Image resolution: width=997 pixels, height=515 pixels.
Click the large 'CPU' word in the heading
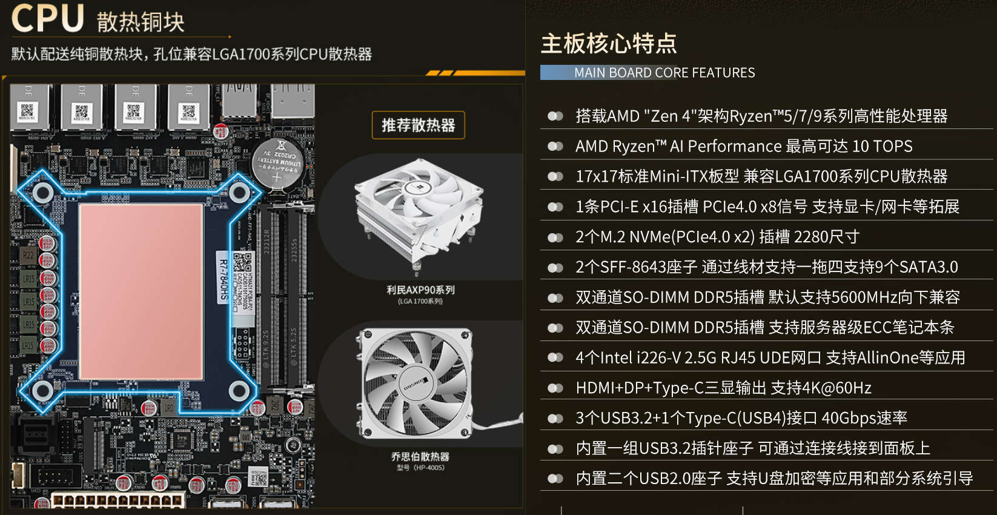point(47,18)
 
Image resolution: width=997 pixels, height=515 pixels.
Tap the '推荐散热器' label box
point(418,125)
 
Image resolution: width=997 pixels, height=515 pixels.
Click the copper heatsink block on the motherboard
point(141,291)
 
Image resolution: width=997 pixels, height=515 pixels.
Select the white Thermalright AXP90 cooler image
point(418,212)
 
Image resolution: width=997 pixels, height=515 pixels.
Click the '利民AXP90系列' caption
point(420,290)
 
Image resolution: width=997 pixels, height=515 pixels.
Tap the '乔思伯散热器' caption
point(420,457)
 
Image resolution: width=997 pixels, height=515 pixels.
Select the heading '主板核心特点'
point(609,44)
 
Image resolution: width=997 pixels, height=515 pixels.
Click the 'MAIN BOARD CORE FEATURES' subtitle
point(664,73)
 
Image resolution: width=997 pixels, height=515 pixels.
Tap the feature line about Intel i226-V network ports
point(770,357)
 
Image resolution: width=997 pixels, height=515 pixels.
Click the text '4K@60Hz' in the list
point(840,388)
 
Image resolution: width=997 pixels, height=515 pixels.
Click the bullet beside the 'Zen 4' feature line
point(555,116)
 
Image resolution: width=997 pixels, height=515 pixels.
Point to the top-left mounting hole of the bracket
point(42,193)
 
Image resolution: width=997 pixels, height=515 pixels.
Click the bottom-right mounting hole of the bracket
point(239,391)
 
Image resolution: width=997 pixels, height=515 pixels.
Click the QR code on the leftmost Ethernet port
point(27,110)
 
